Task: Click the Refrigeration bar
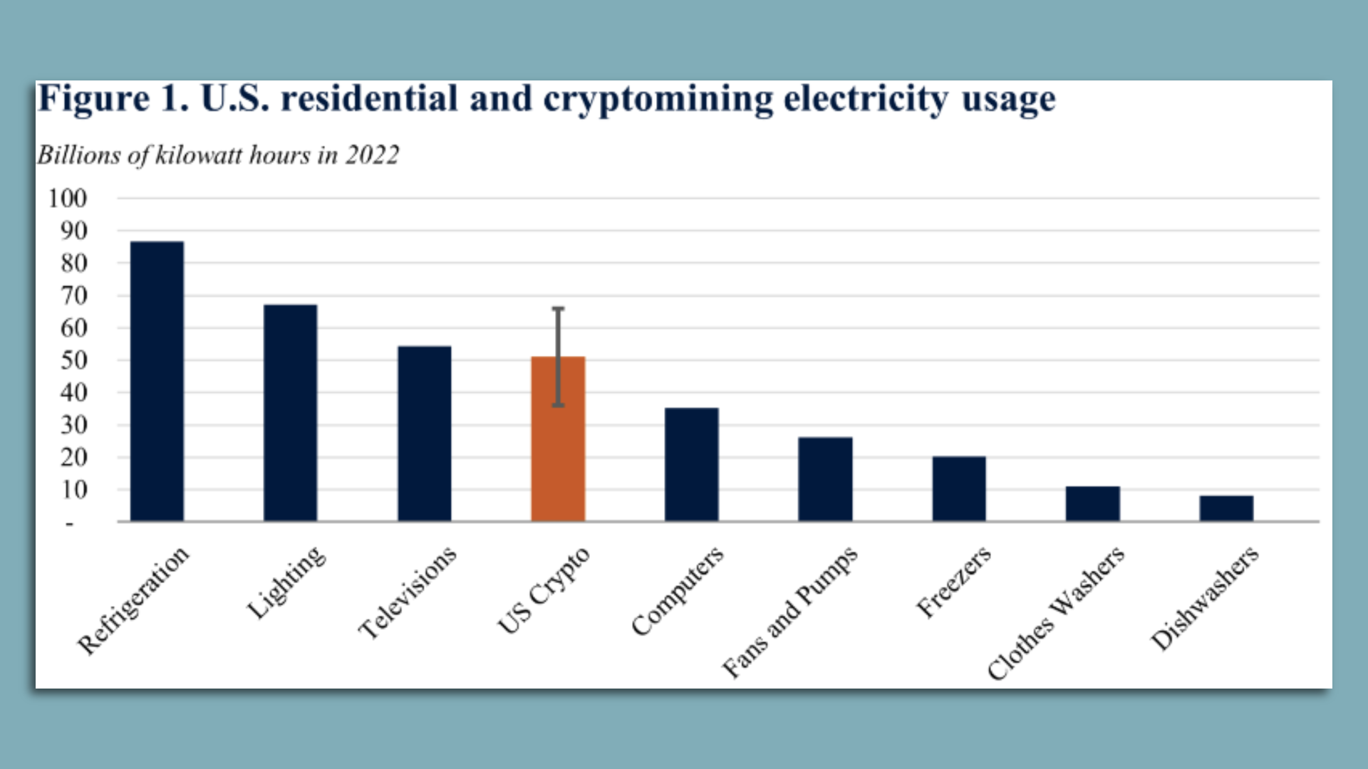(157, 382)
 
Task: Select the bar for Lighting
(290, 413)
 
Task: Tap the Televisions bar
(424, 434)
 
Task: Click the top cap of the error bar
(558, 308)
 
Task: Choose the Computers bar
(691, 464)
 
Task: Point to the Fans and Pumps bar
(825, 479)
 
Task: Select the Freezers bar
(959, 488)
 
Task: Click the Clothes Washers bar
(1092, 503)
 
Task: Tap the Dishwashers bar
(1226, 508)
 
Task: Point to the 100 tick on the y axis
(68, 198)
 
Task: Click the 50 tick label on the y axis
(73, 360)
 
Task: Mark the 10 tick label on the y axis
(73, 490)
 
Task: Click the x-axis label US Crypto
(544, 590)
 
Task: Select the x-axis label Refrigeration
(134, 600)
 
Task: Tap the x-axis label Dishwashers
(1205, 598)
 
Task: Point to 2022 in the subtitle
(372, 155)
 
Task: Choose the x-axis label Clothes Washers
(1056, 613)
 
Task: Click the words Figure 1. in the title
(113, 98)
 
